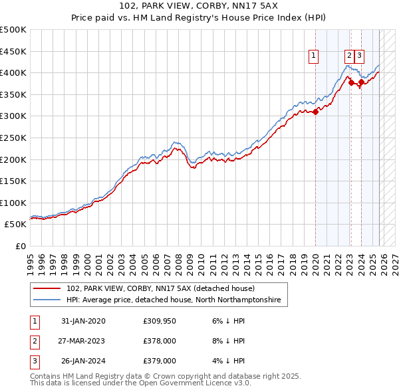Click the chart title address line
point(199,7)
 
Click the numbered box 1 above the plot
point(313,56)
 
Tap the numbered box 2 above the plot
point(349,56)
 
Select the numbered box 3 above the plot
point(359,56)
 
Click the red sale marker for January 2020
point(315,112)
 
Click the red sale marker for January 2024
point(361,82)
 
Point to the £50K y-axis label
point(15,225)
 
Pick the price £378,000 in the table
point(159,341)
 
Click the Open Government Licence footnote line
point(140,383)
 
